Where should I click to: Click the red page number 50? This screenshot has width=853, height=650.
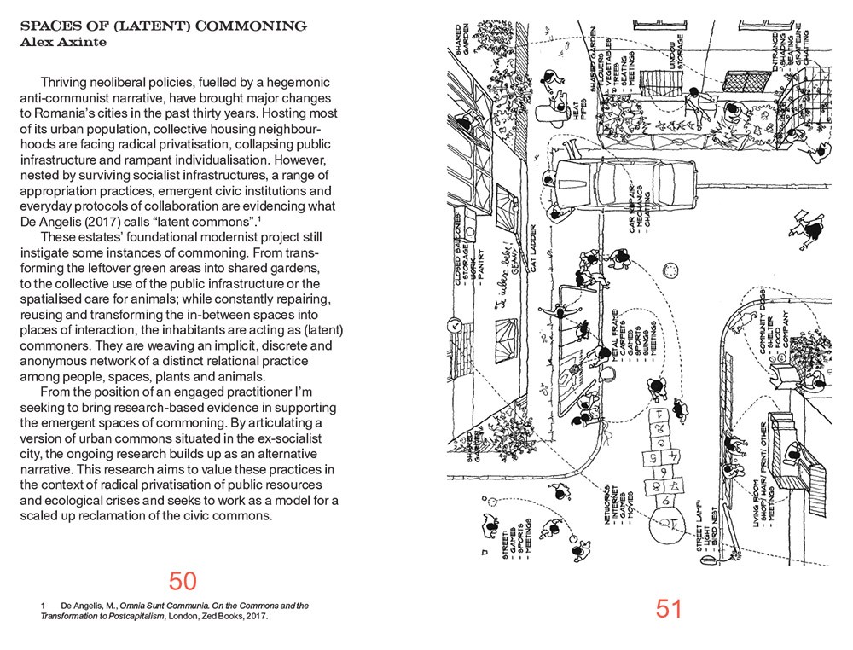click(183, 581)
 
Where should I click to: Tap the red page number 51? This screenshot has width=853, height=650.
click(670, 608)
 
